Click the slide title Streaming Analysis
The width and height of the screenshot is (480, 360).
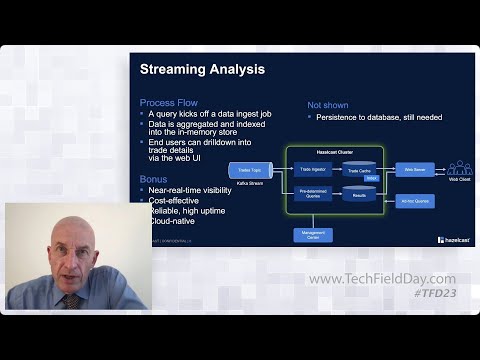pos(203,70)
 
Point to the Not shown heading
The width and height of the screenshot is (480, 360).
pos(329,103)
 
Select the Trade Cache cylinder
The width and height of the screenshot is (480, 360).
pos(358,170)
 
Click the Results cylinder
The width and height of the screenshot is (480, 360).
pos(358,194)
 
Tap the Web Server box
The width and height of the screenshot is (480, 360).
pos(414,170)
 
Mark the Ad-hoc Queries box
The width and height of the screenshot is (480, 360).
pos(414,201)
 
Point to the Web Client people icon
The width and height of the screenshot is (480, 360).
pos(459,168)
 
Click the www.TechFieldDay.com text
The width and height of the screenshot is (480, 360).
pos(381,279)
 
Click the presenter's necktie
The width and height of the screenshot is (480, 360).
pos(73,300)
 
